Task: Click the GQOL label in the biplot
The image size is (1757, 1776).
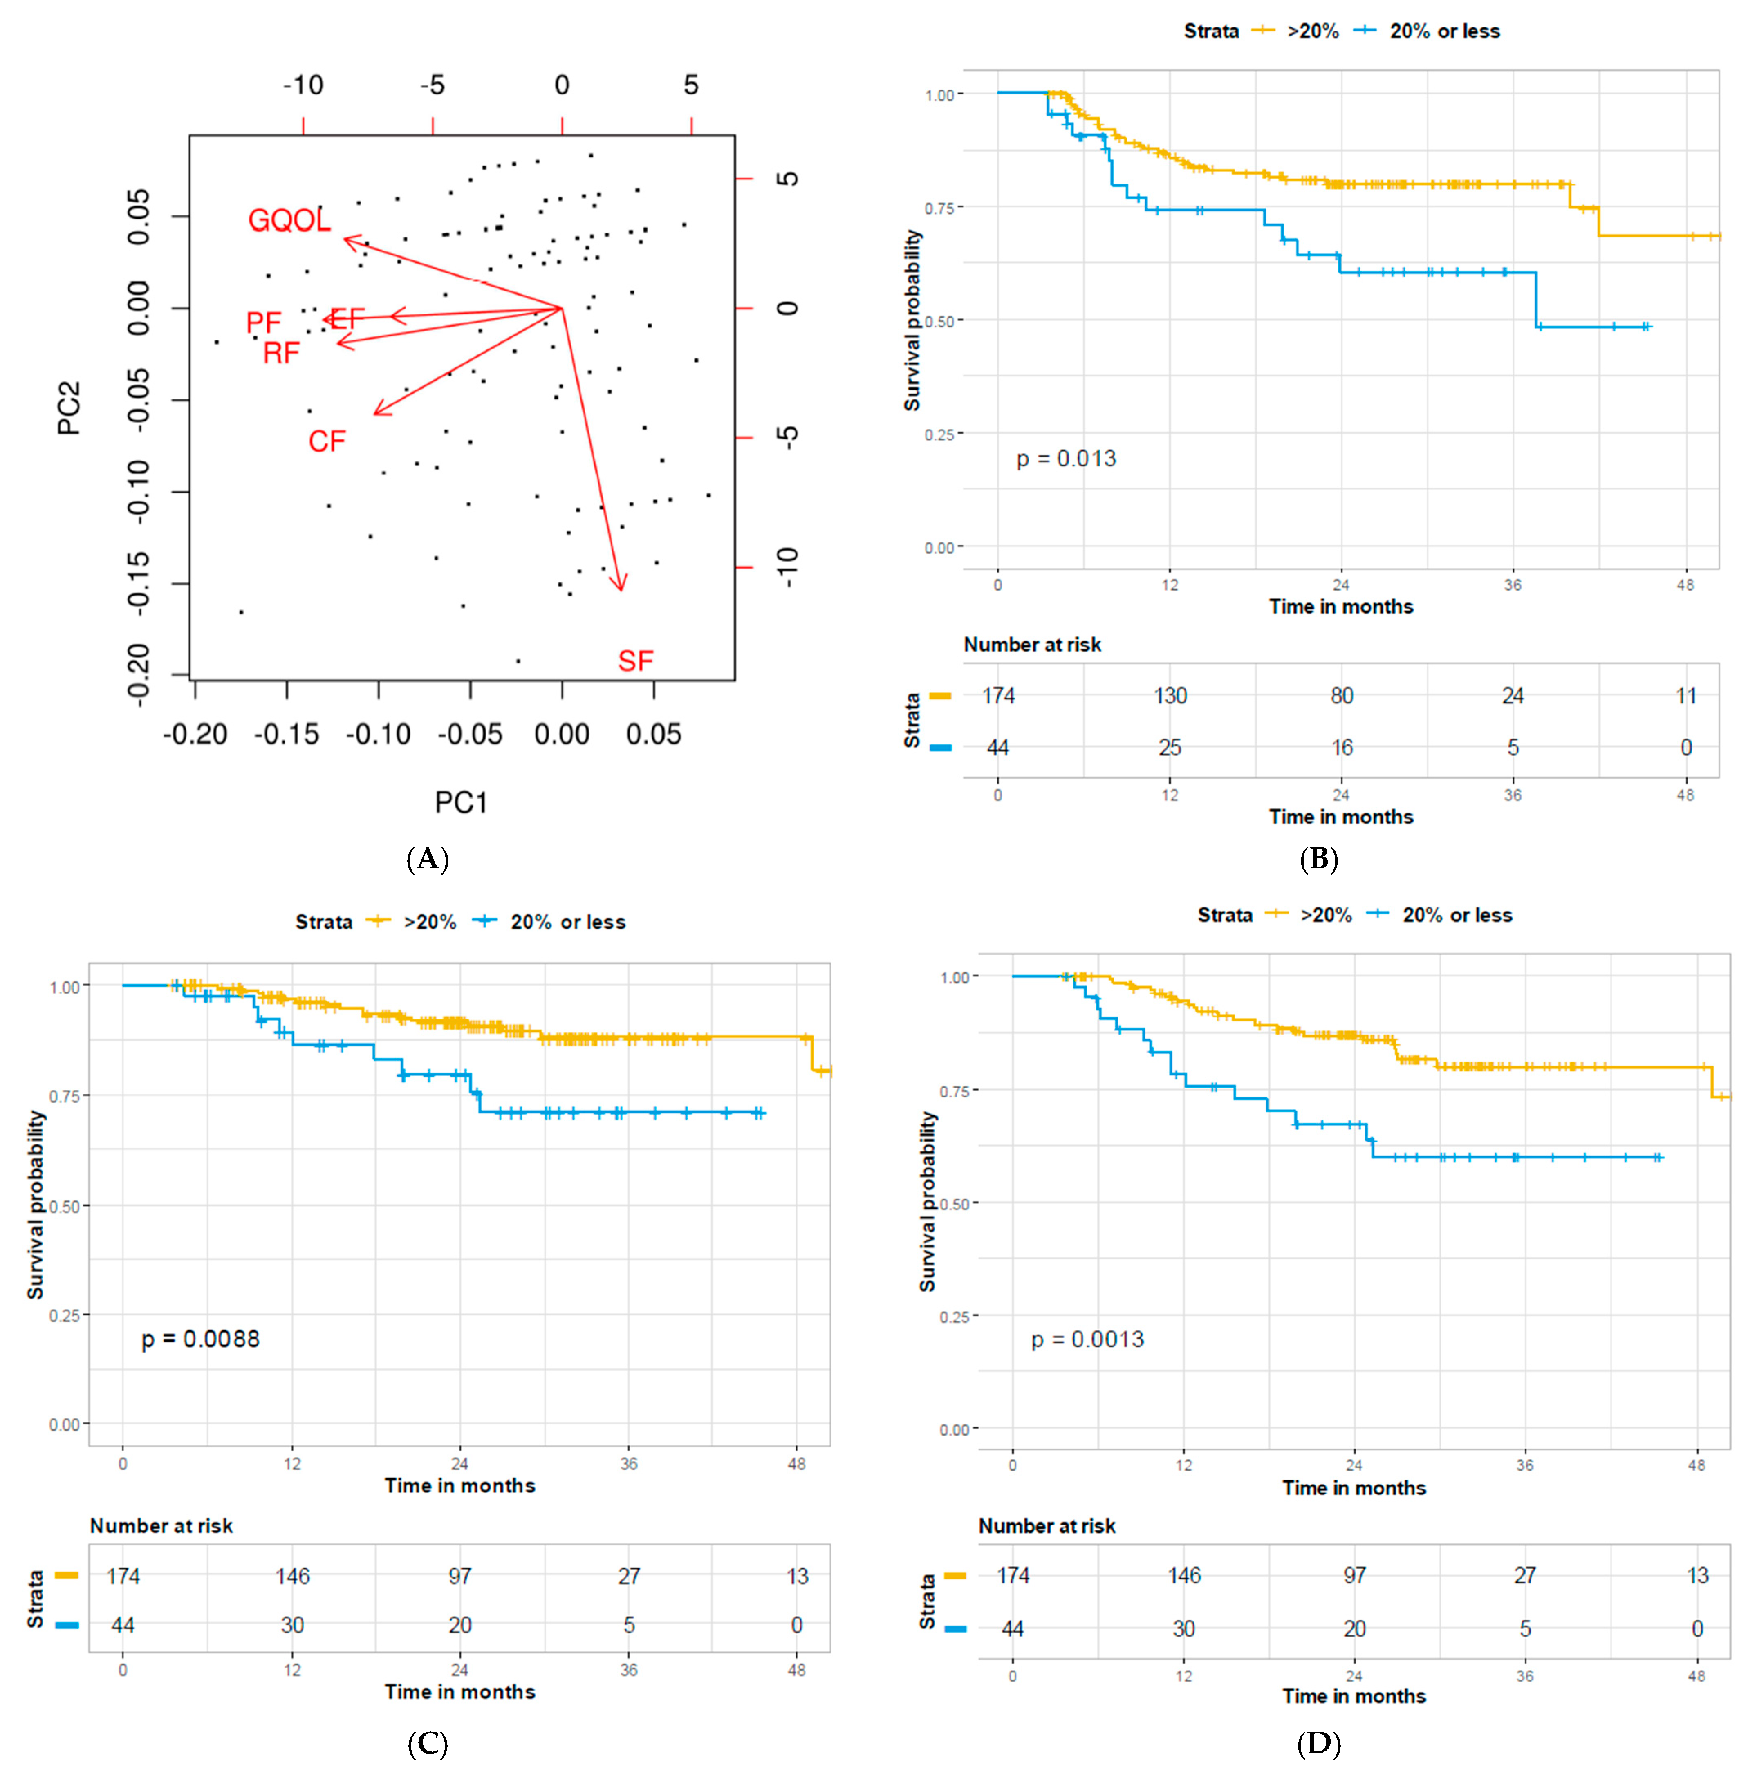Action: pyautogui.click(x=289, y=221)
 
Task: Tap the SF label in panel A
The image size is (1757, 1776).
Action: pyautogui.click(x=635, y=661)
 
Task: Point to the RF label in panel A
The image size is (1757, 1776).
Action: pyautogui.click(x=281, y=353)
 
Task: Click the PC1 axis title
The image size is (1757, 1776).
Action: pyautogui.click(x=461, y=802)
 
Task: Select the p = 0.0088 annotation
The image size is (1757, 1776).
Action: pyautogui.click(x=200, y=1338)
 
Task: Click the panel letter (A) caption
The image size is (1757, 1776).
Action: pyautogui.click(x=428, y=860)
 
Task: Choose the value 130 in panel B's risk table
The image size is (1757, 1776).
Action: pyautogui.click(x=1170, y=696)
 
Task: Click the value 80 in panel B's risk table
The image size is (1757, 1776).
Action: pyautogui.click(x=1341, y=696)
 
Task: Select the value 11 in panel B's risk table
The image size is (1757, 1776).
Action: pyautogui.click(x=1685, y=696)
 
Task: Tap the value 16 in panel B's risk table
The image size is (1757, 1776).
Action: pyautogui.click(x=1341, y=747)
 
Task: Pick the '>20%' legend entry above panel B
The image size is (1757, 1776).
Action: pyautogui.click(x=1312, y=31)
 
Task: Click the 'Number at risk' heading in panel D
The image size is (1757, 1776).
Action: pyautogui.click(x=1046, y=1526)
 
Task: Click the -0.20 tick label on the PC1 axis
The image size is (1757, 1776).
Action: pyautogui.click(x=195, y=735)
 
